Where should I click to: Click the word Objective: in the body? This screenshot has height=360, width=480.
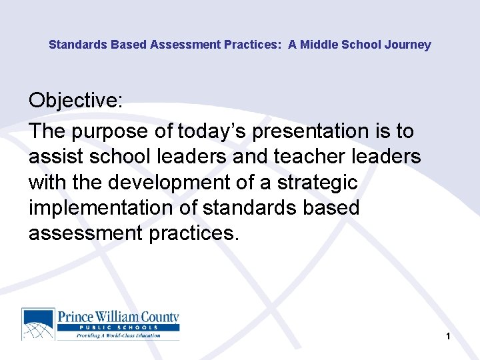click(x=75, y=101)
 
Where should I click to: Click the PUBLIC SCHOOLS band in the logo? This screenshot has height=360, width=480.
click(x=118, y=327)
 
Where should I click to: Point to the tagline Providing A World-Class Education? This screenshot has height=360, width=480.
click(x=118, y=335)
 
